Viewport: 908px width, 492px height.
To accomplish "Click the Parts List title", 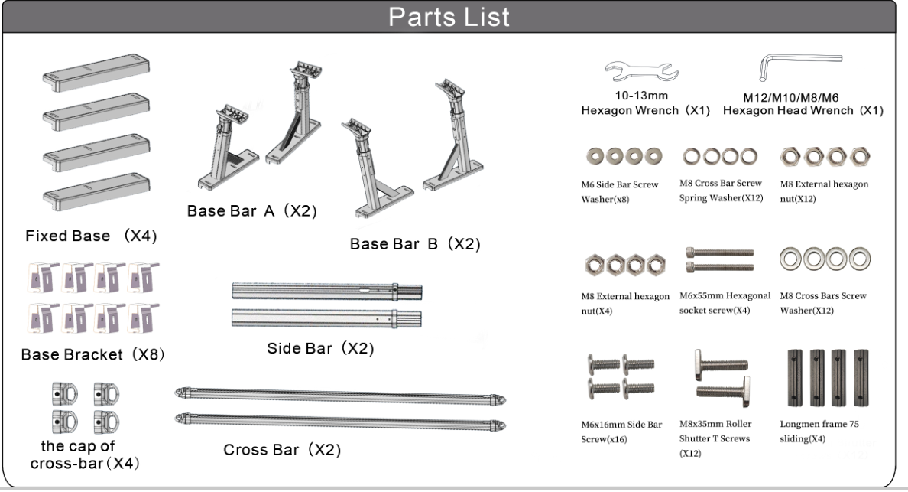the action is point(449,17).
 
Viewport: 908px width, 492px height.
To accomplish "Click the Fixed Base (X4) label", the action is point(91,236).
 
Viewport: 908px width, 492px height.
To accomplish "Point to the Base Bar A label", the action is point(252,211).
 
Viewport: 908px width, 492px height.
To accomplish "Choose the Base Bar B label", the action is point(415,244).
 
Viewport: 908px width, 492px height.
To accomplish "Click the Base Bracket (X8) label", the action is point(92,355).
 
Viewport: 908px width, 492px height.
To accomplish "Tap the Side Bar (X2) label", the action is point(320,348).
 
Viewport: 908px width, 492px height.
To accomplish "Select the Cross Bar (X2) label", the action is point(282,450).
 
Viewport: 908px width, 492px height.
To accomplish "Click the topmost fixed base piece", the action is point(96,72).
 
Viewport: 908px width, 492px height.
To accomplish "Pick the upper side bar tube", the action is point(326,291).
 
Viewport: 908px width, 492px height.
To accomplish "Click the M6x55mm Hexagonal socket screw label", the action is point(725,303).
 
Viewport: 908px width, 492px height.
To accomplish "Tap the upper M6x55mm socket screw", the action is point(721,253).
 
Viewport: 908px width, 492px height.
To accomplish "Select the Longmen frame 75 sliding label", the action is point(819,431).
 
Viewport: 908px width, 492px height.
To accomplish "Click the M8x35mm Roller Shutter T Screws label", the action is point(715,438).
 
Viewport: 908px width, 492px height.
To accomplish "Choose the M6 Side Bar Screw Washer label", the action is point(620,192).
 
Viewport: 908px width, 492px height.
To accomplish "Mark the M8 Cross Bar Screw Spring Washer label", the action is point(721,191).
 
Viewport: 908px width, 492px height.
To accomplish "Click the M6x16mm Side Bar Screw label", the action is point(621,432).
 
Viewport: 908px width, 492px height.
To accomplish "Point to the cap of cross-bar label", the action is point(85,455).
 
